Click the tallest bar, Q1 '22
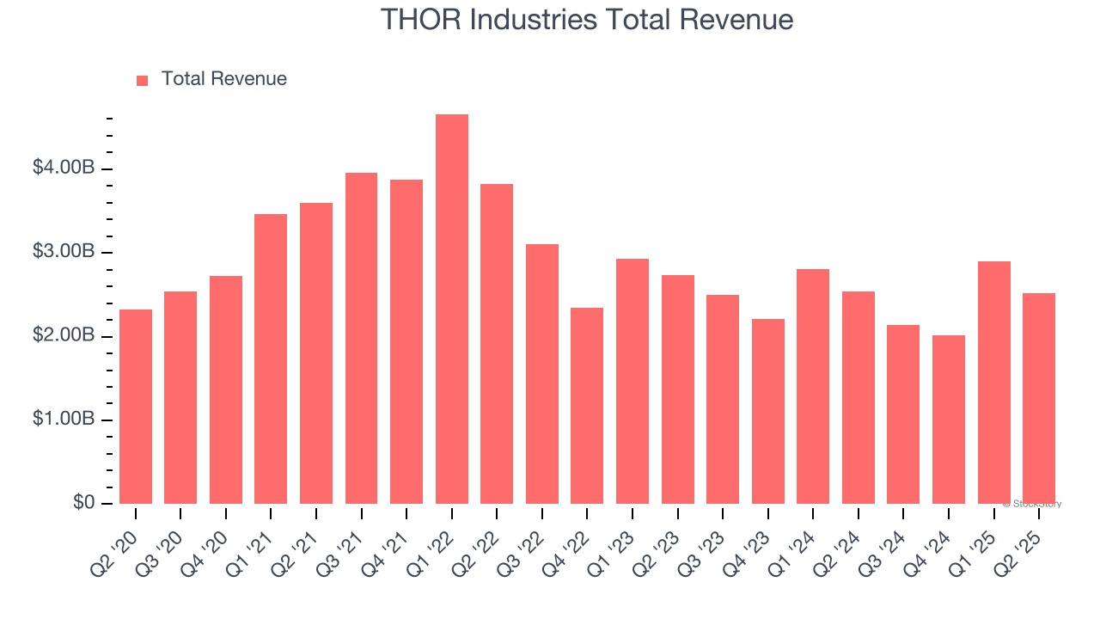(x=452, y=309)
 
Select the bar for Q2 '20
(x=136, y=407)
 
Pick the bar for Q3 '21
(x=362, y=339)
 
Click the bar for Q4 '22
(x=587, y=406)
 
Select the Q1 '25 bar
(x=994, y=383)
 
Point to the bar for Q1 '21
(x=271, y=359)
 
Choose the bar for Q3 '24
(x=903, y=414)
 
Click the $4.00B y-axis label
(x=64, y=168)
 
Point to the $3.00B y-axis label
(x=64, y=252)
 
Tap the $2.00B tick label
(x=64, y=335)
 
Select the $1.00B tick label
(x=64, y=420)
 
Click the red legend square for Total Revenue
(x=143, y=80)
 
